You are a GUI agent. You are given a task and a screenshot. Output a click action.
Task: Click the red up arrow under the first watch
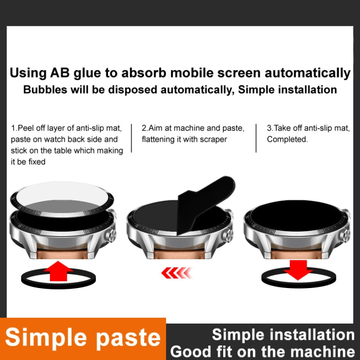[58, 271]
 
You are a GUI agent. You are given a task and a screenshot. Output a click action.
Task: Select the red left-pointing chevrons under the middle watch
[177, 273]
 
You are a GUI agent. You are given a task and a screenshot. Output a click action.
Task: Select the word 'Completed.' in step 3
[288, 139]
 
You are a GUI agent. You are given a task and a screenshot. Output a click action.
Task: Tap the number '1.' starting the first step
[14, 128]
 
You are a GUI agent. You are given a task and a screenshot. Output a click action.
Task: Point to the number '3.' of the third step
[270, 128]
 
